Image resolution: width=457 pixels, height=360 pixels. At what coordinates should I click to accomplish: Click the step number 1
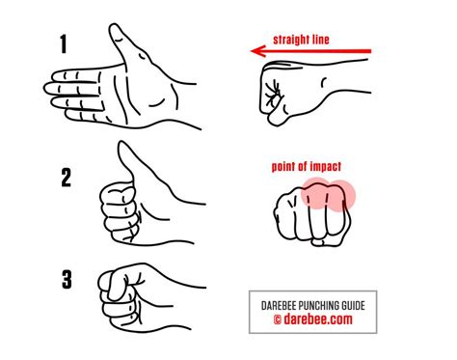(x=65, y=44)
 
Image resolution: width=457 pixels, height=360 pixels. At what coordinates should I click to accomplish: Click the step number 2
(x=65, y=177)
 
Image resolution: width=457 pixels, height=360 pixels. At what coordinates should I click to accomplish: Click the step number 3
(x=66, y=281)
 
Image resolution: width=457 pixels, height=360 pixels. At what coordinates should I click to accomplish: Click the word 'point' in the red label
(x=284, y=165)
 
